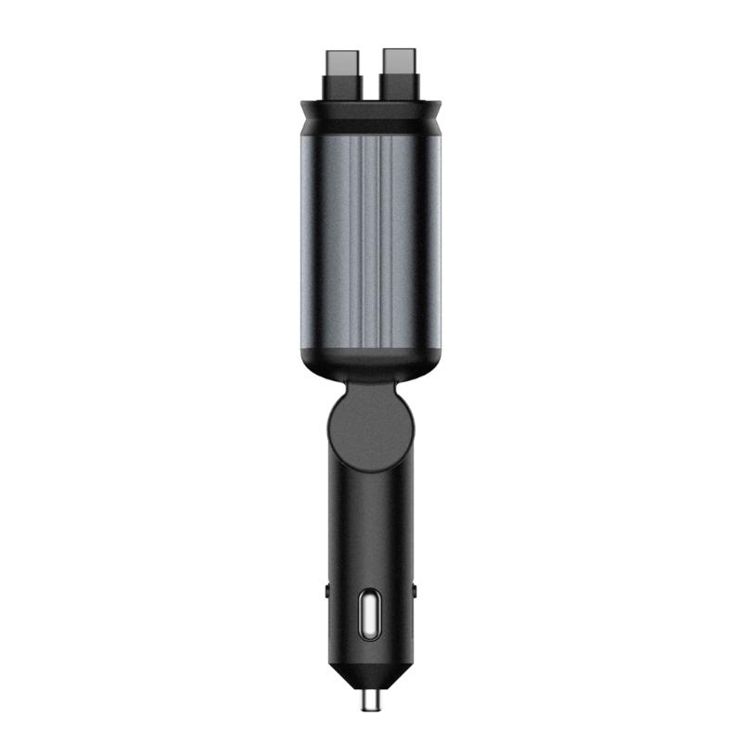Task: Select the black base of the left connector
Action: click(345, 91)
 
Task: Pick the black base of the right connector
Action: click(399, 91)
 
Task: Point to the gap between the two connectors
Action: click(372, 79)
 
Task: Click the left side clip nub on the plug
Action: click(326, 588)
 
